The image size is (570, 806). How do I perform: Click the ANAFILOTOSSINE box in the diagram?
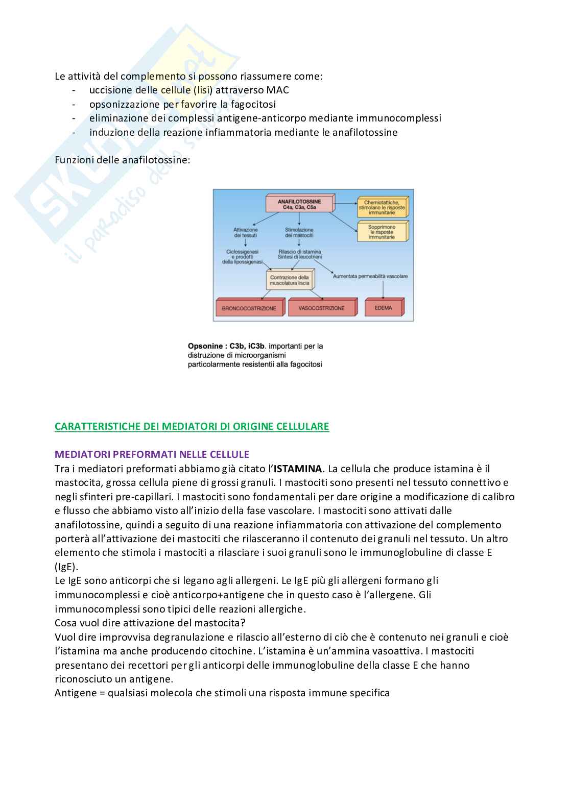pyautogui.click(x=299, y=204)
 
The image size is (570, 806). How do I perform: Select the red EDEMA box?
pyautogui.click(x=384, y=308)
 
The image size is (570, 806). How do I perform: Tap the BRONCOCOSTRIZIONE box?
pyautogui.click(x=249, y=308)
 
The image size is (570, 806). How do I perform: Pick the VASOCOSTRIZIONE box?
pyautogui.click(x=321, y=308)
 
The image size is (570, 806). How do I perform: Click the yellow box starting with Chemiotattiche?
pyautogui.click(x=382, y=207)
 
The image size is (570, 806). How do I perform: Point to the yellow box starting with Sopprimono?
pyautogui.click(x=382, y=232)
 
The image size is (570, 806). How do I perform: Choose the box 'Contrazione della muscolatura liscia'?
pyautogui.click(x=290, y=280)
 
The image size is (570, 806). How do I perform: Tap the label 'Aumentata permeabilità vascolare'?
pyautogui.click(x=370, y=276)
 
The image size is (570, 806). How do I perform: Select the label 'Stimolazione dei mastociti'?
pyautogui.click(x=299, y=233)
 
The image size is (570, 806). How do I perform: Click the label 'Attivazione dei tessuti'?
pyautogui.click(x=246, y=233)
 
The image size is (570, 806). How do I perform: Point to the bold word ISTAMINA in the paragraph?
pyautogui.click(x=298, y=469)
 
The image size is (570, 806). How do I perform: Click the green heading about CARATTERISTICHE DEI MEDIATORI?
pyautogui.click(x=192, y=426)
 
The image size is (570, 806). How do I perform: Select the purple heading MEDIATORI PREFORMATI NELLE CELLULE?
pyautogui.click(x=152, y=454)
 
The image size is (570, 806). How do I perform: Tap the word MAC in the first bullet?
pyautogui.click(x=278, y=90)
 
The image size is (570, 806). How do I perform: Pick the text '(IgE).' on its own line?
pyautogui.click(x=66, y=567)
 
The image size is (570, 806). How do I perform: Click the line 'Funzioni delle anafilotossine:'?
pyautogui.click(x=122, y=160)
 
